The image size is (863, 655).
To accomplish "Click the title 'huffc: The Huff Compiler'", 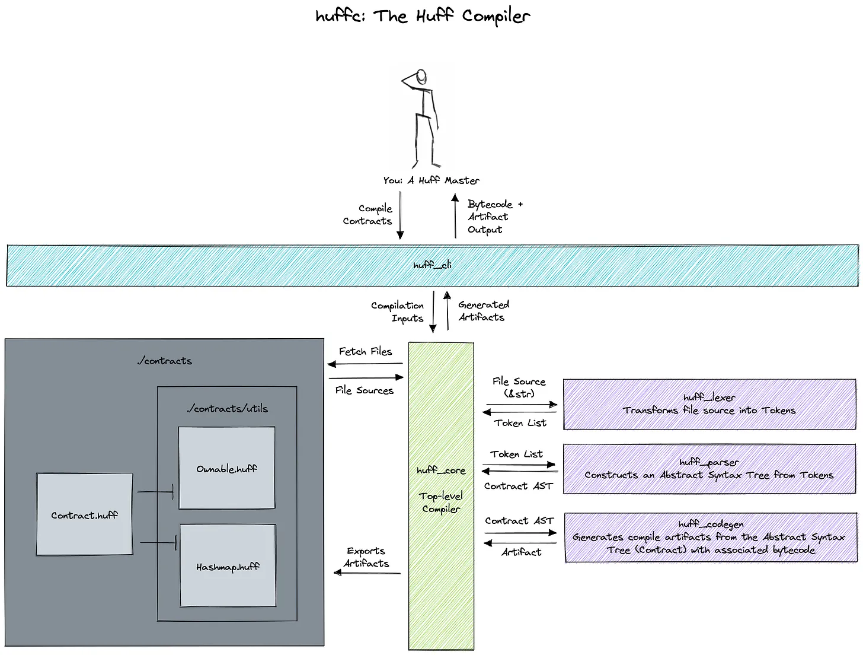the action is tap(423, 17).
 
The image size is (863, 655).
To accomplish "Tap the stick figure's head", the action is tap(421, 76).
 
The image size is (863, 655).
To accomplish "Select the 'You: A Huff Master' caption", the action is tap(431, 180).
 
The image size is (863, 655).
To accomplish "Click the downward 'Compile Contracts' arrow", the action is tap(400, 215).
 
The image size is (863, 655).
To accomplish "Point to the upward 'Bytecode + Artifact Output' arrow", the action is tap(455, 216).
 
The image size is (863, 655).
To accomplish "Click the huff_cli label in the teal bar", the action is tap(432, 265).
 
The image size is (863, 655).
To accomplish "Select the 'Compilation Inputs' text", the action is tap(398, 311).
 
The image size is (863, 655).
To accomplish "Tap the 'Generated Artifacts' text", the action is tap(484, 311).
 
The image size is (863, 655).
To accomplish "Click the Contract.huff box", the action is tap(85, 514).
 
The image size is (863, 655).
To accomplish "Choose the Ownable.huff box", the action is tap(227, 468).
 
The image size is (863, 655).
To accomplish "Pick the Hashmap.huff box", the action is tap(228, 565).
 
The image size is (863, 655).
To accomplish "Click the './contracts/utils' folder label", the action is tap(227, 408).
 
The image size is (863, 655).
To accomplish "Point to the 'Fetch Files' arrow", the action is tap(366, 364).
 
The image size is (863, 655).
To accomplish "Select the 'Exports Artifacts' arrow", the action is tap(367, 573).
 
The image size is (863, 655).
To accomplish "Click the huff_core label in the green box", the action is tap(441, 470).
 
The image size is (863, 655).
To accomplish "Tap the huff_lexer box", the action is tap(709, 404).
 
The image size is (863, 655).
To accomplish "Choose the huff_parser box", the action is tap(709, 469).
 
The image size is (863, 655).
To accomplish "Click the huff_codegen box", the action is tap(711, 538).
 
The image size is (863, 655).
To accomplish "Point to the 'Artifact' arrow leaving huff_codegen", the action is tap(520, 543).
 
